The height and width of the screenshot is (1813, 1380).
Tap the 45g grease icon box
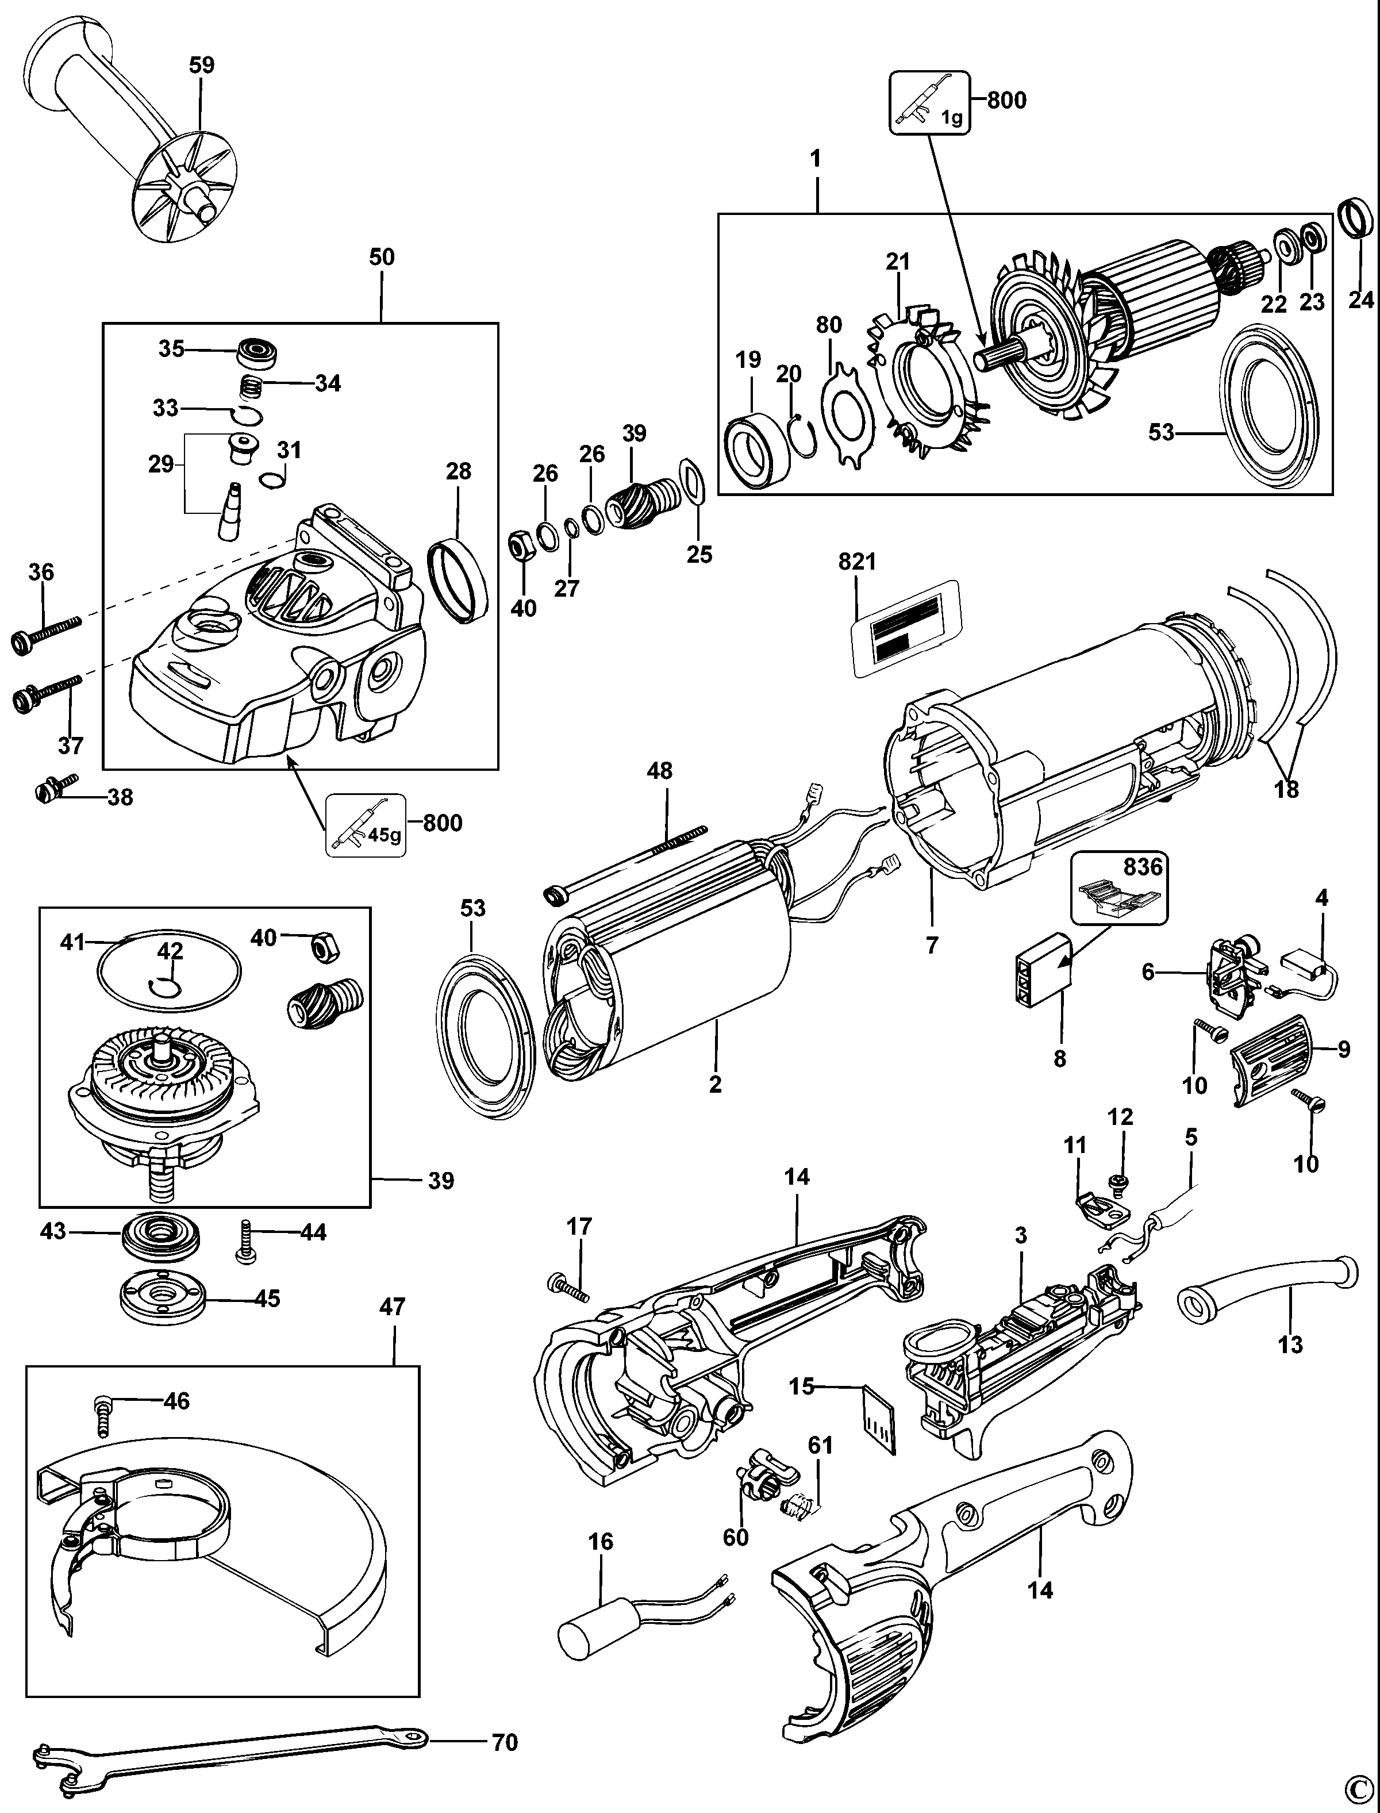pyautogui.click(x=366, y=825)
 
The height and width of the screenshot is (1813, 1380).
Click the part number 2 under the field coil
pyautogui.click(x=716, y=1084)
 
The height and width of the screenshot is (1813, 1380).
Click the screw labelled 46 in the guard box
pyautogui.click(x=103, y=1416)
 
